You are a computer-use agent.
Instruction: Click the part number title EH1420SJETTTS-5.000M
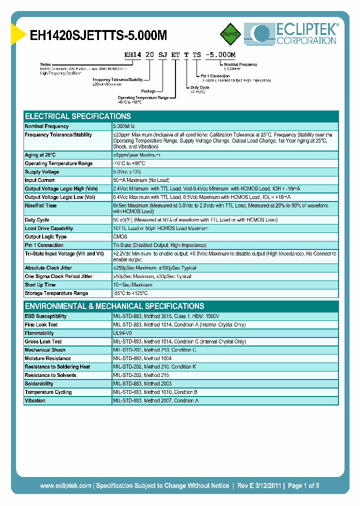click(98, 35)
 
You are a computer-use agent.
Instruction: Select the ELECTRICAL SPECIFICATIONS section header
click(77, 116)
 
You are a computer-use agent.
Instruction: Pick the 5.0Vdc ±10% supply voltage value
click(128, 172)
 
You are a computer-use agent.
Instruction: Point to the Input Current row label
click(39, 180)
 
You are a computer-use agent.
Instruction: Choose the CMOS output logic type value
click(120, 237)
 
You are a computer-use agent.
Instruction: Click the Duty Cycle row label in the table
click(37, 220)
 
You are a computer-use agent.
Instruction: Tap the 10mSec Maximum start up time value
click(132, 285)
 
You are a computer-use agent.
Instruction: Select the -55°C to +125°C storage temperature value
click(130, 293)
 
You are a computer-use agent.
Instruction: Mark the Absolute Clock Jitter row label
click(48, 268)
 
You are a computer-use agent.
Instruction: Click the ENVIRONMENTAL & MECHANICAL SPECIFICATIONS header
click(114, 306)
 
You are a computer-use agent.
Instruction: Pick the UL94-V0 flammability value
click(123, 333)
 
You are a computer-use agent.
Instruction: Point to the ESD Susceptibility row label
click(45, 316)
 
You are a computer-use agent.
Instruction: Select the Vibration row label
click(35, 400)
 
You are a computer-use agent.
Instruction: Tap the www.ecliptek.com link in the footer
click(65, 485)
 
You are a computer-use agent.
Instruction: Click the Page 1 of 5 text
click(303, 485)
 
